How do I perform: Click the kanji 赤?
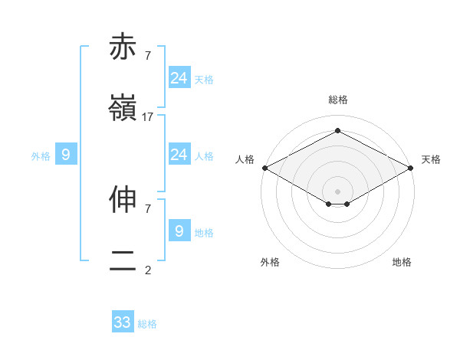[123, 47]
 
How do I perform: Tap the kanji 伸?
[123, 199]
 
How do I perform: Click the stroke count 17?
[148, 117]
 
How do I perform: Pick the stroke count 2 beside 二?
[148, 270]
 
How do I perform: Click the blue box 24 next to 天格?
[179, 78]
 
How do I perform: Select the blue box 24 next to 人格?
[179, 155]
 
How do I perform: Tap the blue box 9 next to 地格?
[179, 231]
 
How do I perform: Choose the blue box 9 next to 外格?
[66, 155]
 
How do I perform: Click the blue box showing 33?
[123, 322]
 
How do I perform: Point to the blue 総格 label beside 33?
[147, 324]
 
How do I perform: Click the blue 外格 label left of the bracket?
[41, 156]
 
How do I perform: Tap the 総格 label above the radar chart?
[338, 100]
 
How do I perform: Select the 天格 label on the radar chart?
[432, 159]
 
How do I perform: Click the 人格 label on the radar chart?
[245, 159]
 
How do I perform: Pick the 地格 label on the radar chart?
[402, 262]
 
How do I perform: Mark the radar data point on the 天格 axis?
[412, 168]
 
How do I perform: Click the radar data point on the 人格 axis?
[264, 168]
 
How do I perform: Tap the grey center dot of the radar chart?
[338, 191]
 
